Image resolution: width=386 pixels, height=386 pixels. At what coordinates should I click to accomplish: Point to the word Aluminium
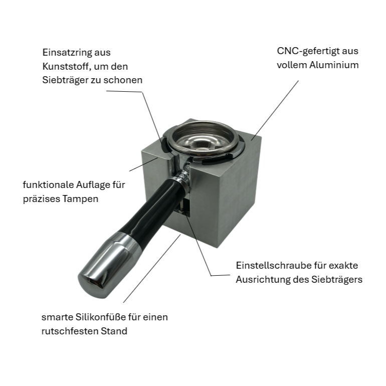click(334, 65)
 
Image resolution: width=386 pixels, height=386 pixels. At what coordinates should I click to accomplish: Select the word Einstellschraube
click(273, 265)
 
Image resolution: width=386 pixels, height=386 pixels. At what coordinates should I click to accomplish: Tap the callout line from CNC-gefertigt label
click(275, 110)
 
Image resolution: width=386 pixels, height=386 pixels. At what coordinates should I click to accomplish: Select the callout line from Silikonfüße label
click(152, 269)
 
